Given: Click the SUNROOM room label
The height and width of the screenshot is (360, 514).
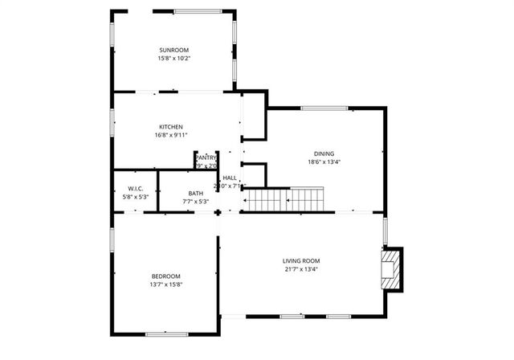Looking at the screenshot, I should tap(173, 50).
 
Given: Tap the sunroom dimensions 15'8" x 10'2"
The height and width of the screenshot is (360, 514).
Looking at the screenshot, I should tap(173, 59).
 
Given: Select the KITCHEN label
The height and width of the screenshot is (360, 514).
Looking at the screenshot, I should tap(171, 127).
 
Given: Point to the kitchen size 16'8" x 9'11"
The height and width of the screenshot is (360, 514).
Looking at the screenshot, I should tap(171, 136).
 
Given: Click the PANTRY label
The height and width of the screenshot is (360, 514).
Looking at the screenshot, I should tap(206, 157).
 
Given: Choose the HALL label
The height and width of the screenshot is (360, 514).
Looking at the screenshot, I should tap(230, 178).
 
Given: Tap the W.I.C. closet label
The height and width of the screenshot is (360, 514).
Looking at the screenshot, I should tap(135, 189).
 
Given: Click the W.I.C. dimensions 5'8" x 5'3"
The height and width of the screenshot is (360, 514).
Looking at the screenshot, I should tap(135, 198).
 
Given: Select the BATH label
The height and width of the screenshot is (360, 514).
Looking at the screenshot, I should tap(196, 193).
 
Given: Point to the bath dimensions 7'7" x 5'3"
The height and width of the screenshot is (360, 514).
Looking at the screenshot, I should tap(196, 202).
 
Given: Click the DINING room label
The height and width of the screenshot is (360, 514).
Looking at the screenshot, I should tap(324, 153).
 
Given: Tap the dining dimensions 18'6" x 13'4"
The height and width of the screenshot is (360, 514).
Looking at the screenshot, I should tap(324, 162).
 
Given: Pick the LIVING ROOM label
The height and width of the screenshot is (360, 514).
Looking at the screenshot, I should tap(301, 260).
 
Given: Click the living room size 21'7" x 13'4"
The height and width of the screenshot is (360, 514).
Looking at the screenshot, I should tap(301, 269).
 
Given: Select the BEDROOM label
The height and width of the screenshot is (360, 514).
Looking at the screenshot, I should tap(166, 276).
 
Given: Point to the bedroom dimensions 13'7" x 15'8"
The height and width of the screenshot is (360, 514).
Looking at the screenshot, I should tap(166, 284).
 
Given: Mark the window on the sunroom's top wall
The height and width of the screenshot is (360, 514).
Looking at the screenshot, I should tap(198, 10).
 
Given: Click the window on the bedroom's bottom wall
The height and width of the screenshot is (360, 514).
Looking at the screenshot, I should tap(166, 333).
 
